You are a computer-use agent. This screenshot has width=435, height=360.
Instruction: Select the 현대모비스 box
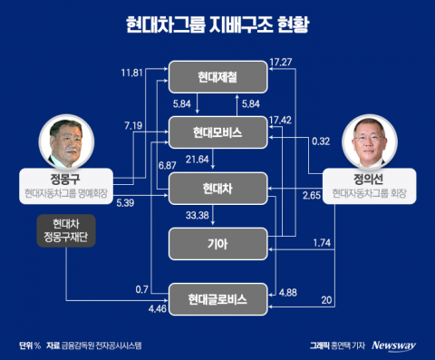(x=217, y=133)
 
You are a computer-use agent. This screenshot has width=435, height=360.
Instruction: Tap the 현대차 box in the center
(x=217, y=188)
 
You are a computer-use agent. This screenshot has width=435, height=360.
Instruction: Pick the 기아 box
(x=217, y=242)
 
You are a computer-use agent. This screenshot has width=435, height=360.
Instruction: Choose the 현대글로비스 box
(x=217, y=297)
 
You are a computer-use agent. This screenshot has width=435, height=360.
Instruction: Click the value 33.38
(x=198, y=216)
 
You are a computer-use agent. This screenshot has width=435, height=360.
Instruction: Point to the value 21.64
(x=198, y=161)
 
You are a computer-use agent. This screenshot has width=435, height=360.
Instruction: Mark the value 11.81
(x=131, y=72)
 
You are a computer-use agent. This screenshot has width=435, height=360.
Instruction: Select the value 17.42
(x=282, y=119)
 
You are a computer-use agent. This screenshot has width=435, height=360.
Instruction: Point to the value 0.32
(x=319, y=141)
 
